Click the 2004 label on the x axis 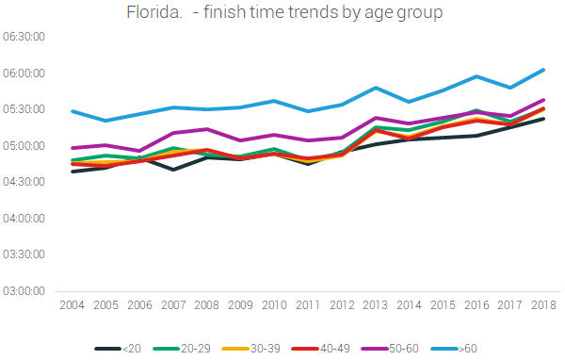(x=72, y=305)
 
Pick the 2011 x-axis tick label (x=307, y=305)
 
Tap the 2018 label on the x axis (x=543, y=305)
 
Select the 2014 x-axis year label (x=409, y=305)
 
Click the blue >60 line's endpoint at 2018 (x=543, y=69)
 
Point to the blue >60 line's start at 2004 (x=72, y=111)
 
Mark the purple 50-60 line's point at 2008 (x=206, y=129)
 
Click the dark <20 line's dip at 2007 (x=172, y=170)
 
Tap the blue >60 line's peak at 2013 (x=375, y=88)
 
